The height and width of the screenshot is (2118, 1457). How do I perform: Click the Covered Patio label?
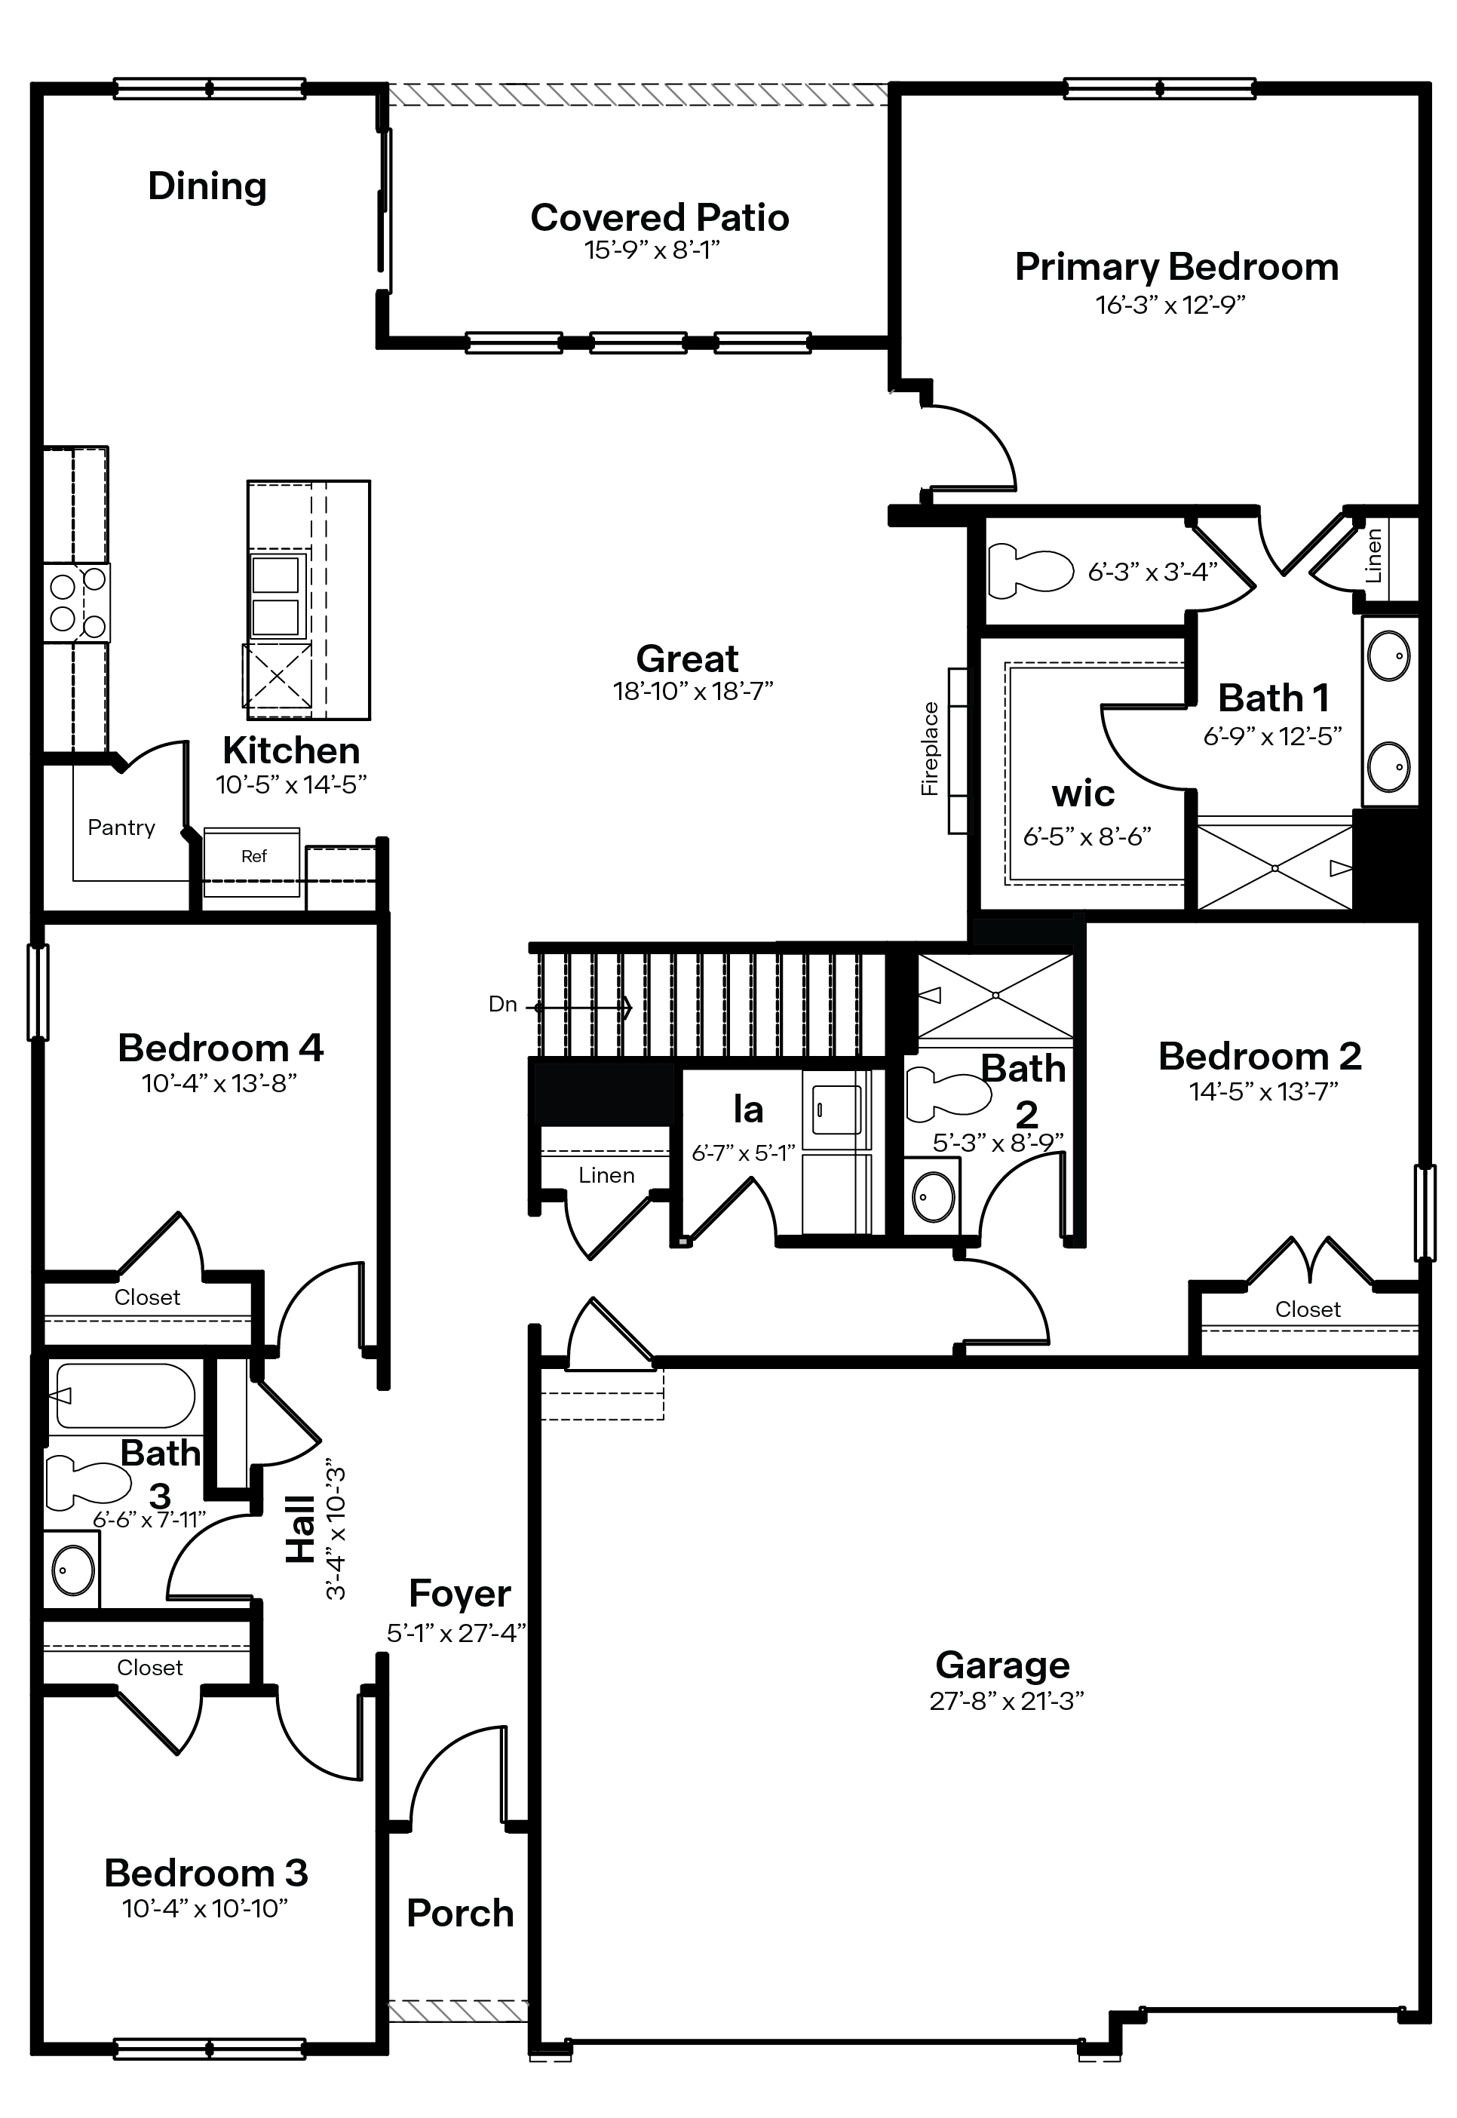point(659,217)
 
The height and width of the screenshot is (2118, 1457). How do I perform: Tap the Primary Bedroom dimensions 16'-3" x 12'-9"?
point(1170,305)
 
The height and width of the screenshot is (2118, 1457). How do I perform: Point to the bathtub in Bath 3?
point(124,1396)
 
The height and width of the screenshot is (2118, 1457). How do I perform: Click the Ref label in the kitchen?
point(254,856)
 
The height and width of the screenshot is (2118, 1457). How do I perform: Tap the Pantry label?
point(121,827)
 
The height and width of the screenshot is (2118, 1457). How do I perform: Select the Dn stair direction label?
point(503,1004)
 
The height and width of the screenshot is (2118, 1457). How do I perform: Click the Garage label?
point(1002,1666)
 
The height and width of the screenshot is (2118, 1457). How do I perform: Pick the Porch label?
point(460,1914)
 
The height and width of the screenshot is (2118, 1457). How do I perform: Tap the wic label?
point(1083,794)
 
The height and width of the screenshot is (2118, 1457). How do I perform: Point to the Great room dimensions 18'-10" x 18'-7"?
point(693,691)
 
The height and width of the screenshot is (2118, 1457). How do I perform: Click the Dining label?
point(207,186)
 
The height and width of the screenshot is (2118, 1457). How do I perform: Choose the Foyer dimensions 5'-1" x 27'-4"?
point(456,1633)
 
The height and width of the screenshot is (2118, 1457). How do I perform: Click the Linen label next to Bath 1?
point(1373,556)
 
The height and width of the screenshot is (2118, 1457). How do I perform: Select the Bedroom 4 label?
point(220,1048)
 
